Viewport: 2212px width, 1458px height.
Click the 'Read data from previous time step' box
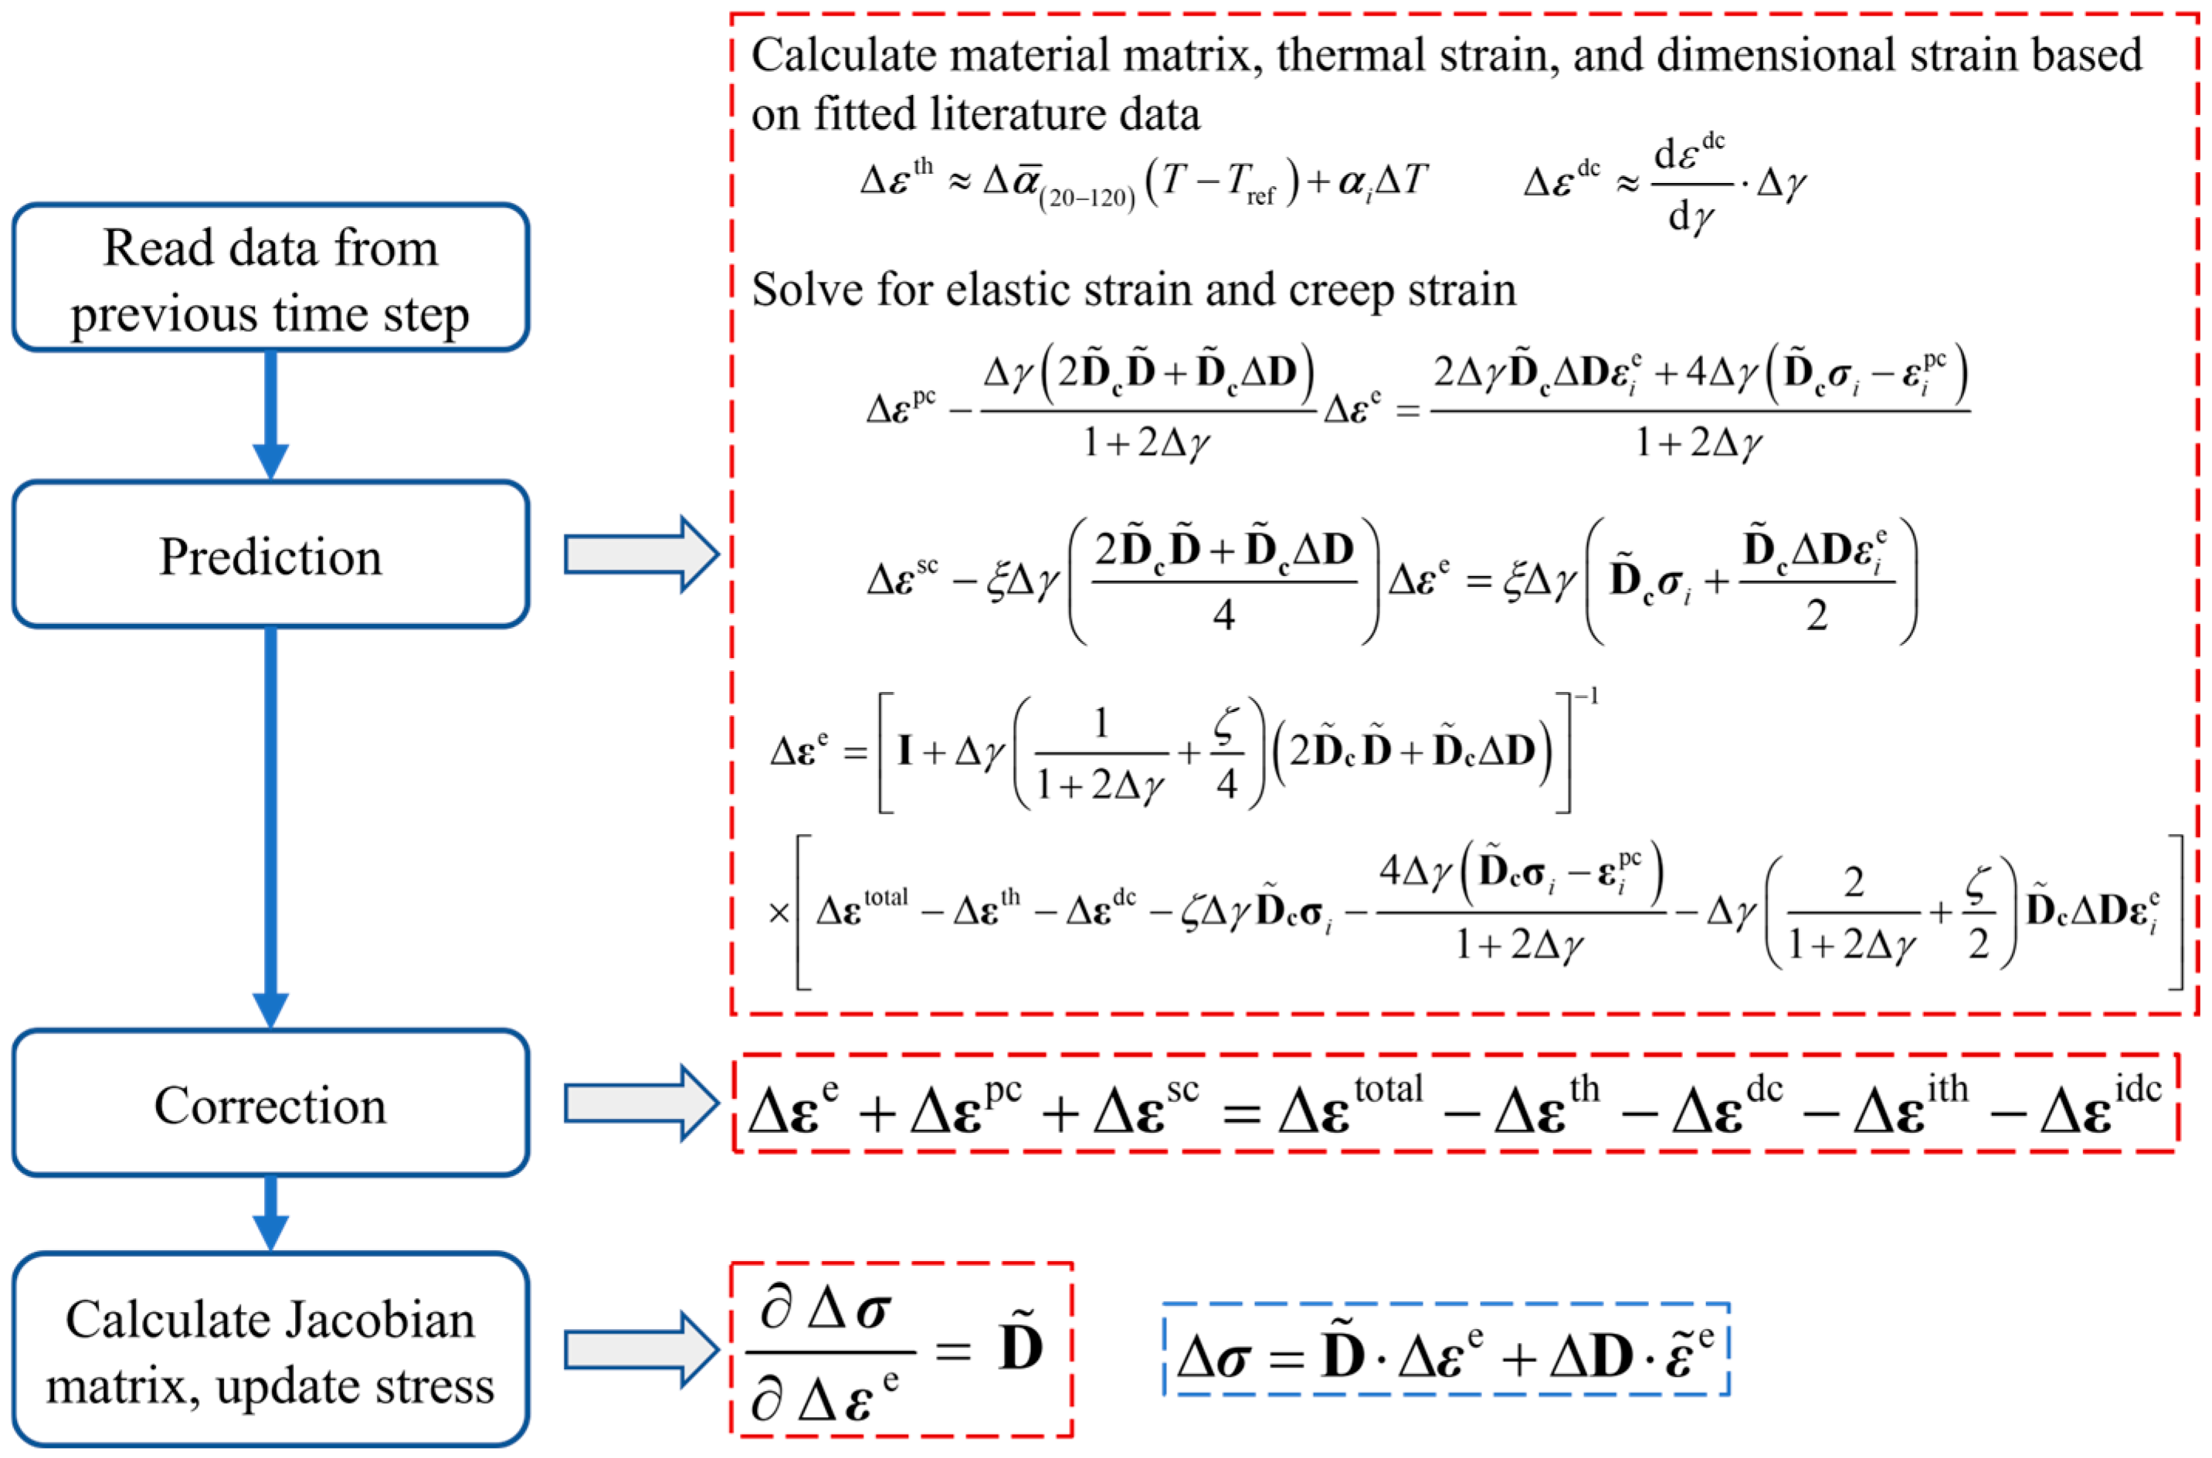tap(270, 278)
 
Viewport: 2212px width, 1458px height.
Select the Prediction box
tap(270, 555)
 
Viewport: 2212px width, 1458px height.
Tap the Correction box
tap(270, 1104)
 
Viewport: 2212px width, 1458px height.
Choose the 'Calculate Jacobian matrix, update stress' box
tap(270, 1350)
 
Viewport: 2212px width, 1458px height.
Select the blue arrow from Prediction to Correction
tap(270, 828)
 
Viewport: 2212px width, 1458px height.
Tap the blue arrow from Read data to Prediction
tap(270, 415)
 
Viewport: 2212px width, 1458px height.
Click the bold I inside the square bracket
tap(904, 749)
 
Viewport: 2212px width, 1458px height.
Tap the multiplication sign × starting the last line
tap(779, 913)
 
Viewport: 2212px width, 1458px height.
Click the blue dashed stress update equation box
tap(1445, 1350)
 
